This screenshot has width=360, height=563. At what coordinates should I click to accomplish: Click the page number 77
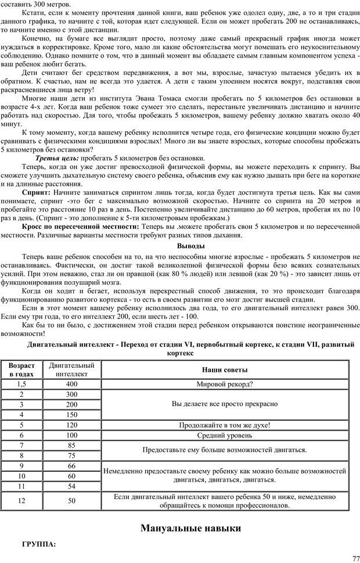tap(355, 557)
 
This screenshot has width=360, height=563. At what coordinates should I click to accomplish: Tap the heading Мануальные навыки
tap(190, 528)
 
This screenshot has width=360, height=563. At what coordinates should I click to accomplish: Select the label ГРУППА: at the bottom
tap(38, 544)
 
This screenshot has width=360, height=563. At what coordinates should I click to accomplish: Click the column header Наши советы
tap(224, 370)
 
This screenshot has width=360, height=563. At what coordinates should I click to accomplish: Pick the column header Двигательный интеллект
tap(71, 370)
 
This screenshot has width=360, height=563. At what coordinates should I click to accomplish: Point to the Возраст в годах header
tap(21, 370)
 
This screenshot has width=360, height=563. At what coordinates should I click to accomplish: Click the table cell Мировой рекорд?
tap(224, 384)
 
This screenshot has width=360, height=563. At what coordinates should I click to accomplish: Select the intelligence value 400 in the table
tap(71, 384)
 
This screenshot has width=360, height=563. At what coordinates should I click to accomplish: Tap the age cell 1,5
tap(21, 384)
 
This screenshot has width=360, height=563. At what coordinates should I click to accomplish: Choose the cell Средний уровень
tap(224, 435)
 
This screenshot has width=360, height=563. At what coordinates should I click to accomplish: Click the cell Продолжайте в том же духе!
tap(224, 425)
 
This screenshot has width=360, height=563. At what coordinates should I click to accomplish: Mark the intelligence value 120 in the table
tap(71, 425)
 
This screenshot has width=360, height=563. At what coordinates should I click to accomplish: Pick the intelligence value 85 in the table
tap(71, 445)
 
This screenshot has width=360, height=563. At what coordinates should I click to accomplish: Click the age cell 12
tap(21, 500)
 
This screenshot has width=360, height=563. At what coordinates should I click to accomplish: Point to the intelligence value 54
tap(71, 486)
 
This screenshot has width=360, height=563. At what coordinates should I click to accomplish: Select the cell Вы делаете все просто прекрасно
tap(224, 404)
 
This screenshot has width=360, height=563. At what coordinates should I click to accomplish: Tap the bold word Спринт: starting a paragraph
tap(36, 191)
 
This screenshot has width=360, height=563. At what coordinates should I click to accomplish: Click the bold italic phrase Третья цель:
tap(57, 158)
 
